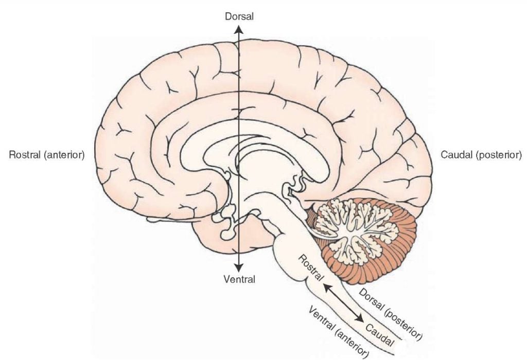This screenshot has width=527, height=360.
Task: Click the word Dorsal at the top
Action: [239, 16]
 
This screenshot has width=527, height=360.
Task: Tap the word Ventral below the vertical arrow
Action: [239, 279]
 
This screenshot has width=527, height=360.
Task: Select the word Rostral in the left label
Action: [24, 155]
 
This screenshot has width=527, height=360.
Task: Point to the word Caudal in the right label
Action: [456, 155]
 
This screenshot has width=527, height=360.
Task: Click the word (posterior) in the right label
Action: [498, 155]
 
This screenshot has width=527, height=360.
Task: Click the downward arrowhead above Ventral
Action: [239, 267]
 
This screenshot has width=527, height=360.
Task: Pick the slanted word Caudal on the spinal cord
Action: [379, 335]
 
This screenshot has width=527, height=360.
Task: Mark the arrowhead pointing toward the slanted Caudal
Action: [360, 319]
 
